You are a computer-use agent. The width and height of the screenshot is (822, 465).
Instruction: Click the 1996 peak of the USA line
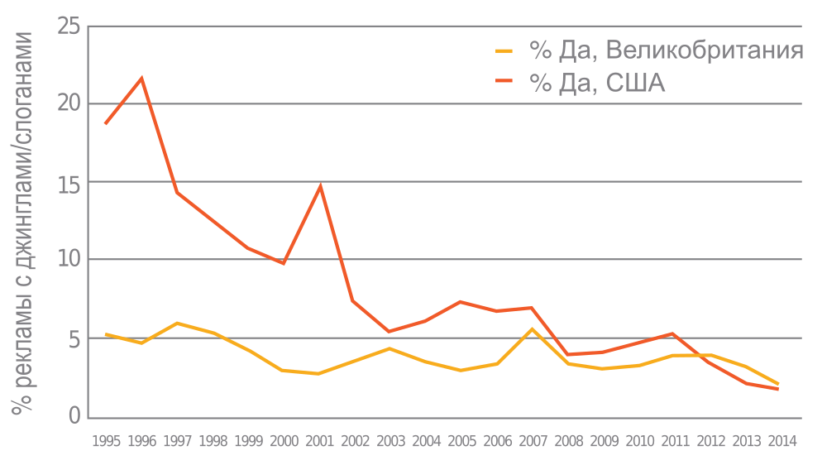coord(141,78)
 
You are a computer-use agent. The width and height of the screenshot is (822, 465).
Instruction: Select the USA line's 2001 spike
coord(320,185)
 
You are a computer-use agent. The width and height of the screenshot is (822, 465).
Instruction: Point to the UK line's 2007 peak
coord(532,328)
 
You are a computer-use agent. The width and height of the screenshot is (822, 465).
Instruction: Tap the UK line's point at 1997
coord(177,323)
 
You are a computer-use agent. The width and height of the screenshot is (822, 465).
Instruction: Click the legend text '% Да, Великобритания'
coord(667,50)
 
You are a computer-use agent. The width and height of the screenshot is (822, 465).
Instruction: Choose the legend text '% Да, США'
coord(597,83)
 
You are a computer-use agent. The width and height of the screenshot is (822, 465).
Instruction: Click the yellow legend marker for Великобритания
coord(504,51)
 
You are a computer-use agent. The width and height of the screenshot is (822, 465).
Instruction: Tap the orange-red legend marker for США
coord(504,83)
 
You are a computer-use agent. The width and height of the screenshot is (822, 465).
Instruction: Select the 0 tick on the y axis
coord(74,416)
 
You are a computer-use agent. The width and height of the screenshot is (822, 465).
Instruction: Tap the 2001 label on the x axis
coord(320,441)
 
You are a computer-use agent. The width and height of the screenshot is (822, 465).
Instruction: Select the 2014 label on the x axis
coord(781,441)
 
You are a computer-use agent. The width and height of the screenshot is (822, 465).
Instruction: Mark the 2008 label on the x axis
coord(568,441)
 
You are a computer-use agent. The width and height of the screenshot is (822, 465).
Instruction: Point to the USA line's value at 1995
coord(105,123)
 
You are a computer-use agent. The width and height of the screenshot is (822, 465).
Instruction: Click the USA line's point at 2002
coord(354,301)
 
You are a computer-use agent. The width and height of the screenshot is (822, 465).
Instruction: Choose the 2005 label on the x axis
coord(461,441)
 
